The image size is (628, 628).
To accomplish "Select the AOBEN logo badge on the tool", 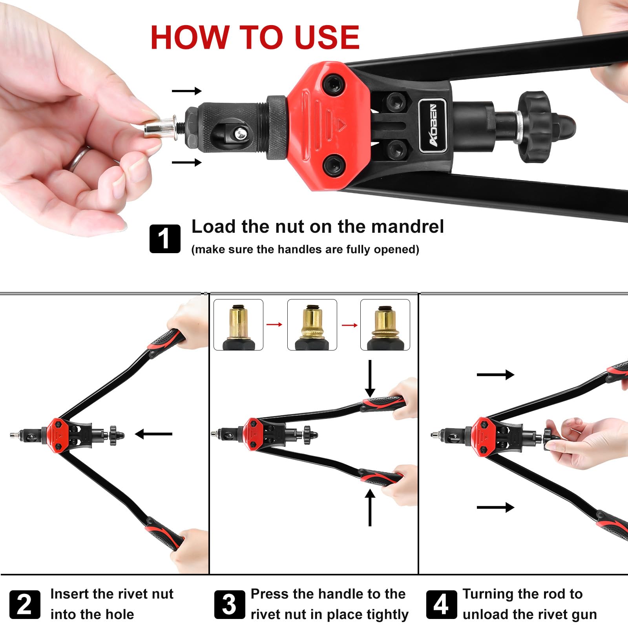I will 433,125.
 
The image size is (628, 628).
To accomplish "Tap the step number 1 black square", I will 165,239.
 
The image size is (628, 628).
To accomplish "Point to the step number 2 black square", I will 24,604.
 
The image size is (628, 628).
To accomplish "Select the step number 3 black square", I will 230,604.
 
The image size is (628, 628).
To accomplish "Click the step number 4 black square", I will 441,604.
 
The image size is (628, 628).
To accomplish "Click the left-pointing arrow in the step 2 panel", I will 153,434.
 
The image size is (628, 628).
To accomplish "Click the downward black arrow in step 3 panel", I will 370,379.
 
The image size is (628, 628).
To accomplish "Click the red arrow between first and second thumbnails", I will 275,325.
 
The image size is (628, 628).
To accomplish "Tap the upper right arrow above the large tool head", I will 186,91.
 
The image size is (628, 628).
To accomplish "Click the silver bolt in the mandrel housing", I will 241,135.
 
